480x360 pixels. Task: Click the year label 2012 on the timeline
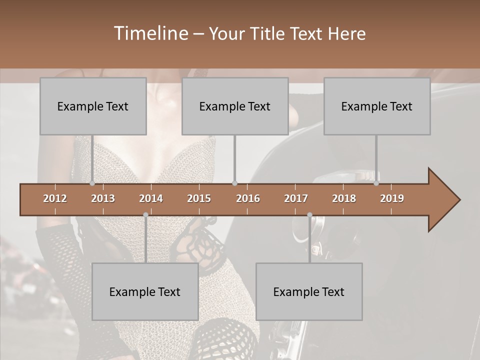55,198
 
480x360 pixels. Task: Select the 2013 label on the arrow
103,198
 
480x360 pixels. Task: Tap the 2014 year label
151,198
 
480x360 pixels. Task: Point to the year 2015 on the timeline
199,198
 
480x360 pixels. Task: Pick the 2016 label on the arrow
248,198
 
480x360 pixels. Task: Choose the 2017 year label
296,198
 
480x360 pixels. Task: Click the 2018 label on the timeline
344,198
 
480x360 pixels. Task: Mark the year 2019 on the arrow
392,198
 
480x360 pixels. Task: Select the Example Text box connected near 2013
93,106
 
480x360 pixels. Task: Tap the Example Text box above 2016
235,106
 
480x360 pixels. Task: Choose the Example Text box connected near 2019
377,106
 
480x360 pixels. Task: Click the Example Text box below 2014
145,291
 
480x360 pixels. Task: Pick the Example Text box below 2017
309,291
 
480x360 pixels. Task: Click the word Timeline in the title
150,33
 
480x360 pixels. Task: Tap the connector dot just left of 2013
92,183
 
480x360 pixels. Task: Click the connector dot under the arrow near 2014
145,214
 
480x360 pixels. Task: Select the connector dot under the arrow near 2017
309,214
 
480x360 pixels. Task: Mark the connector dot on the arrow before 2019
376,183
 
